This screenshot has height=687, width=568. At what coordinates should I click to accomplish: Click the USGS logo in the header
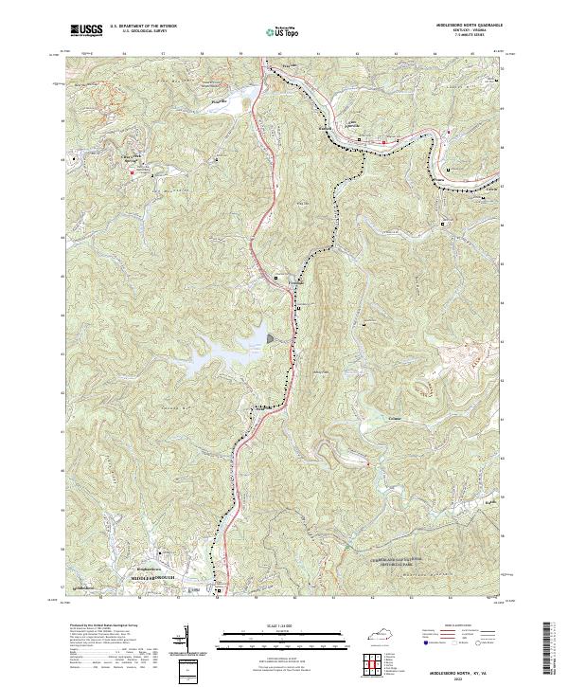click(86, 30)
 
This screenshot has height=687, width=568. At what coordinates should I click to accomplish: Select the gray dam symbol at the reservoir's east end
click(272, 336)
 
